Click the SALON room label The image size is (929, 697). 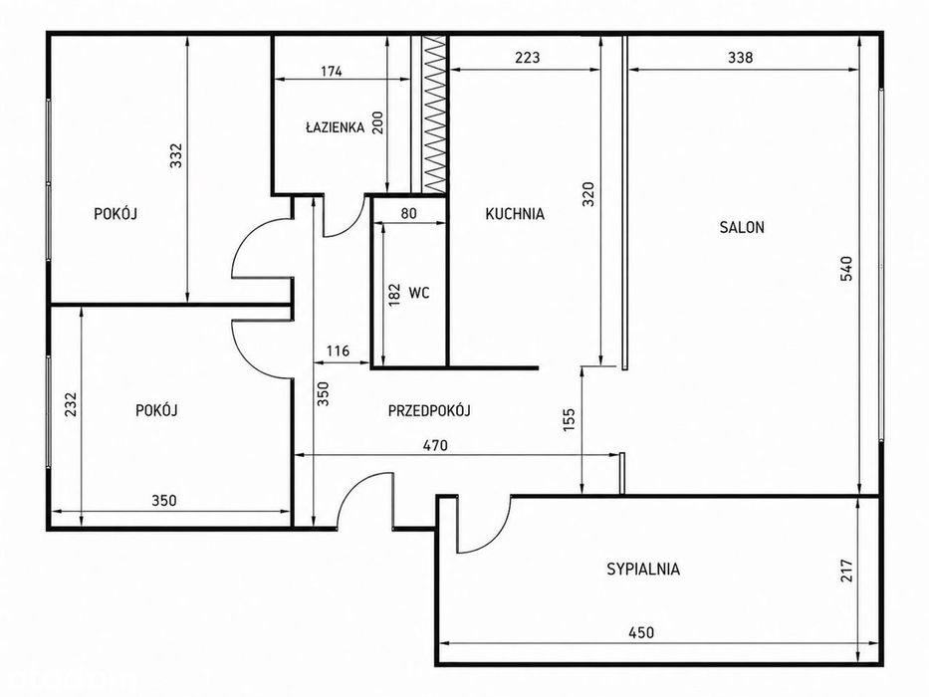pyautogui.click(x=742, y=227)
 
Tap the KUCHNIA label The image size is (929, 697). pyautogui.click(x=515, y=214)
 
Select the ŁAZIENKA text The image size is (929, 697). pyautogui.click(x=335, y=126)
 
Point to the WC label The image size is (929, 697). pyautogui.click(x=419, y=292)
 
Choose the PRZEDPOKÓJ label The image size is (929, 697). pyautogui.click(x=429, y=410)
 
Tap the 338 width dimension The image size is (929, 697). pyautogui.click(x=740, y=58)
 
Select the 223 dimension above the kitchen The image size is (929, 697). pyautogui.click(x=528, y=58)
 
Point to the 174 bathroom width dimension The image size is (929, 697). pyautogui.click(x=332, y=72)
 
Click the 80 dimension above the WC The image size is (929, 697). pyautogui.click(x=409, y=213)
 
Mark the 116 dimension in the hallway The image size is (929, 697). pyautogui.click(x=339, y=350)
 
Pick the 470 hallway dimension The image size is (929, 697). pyautogui.click(x=435, y=445)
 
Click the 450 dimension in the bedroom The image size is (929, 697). pyautogui.click(x=641, y=632)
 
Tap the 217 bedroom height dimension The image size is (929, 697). pyautogui.click(x=846, y=571)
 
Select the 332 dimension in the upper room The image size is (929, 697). pyautogui.click(x=176, y=155)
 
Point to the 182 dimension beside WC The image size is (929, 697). pyautogui.click(x=394, y=295)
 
